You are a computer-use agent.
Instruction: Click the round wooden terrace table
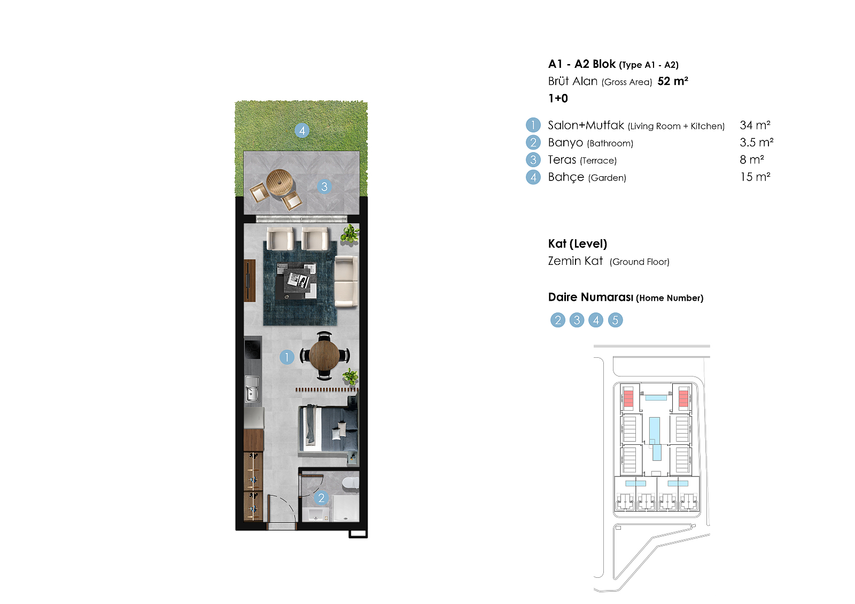tap(280, 183)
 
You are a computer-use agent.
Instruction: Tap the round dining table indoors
tap(324, 355)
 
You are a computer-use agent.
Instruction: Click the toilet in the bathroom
tap(351, 483)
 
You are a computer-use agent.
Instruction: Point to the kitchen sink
tap(252, 389)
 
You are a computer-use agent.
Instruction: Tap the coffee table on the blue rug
tap(297, 280)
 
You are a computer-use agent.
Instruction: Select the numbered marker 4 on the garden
tap(302, 131)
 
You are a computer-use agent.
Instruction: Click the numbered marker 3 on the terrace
tap(324, 186)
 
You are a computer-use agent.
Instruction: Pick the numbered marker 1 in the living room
tap(286, 357)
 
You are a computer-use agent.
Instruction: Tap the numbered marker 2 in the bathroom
tap(321, 498)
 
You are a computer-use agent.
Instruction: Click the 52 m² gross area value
tap(673, 81)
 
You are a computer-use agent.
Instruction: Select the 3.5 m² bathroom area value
tap(757, 142)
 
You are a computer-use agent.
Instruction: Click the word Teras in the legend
tap(562, 160)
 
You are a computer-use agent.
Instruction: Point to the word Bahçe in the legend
tap(566, 177)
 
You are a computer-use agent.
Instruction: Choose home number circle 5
tap(615, 320)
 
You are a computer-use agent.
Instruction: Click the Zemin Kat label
tap(576, 261)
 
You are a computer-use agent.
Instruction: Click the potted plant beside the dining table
tap(351, 376)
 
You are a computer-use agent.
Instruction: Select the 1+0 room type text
tap(558, 98)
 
